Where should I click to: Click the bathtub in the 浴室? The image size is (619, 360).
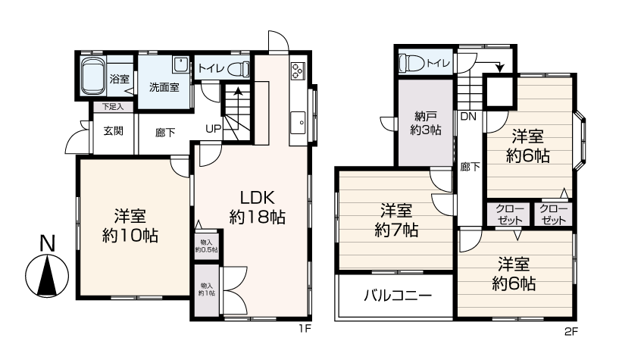coord(93,76)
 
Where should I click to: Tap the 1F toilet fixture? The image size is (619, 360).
coord(239,69)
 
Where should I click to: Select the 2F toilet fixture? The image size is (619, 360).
coord(411,63)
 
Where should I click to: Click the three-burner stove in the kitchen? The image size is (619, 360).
coord(298,71)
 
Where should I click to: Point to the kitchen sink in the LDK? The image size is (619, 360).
coord(298,123)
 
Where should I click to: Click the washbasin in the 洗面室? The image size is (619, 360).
coord(181,64)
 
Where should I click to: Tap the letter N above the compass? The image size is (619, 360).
coord(48,243)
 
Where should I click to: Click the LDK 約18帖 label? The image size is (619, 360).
coord(258,207)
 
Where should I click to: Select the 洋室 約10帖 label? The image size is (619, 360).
coord(130,226)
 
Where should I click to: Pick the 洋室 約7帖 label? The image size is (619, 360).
coord(396,221)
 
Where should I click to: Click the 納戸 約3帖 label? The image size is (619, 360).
coord(426,123)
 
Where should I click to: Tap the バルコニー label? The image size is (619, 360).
coord(398,296)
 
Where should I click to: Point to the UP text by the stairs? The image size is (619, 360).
coord(213,129)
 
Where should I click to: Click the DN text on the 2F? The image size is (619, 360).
coord(468,117)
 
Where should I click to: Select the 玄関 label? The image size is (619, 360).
coord(114,130)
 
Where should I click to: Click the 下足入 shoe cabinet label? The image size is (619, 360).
coord(113,107)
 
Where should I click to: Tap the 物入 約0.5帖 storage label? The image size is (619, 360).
coord(207,246)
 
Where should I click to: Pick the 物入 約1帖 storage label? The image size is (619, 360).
coord(207,290)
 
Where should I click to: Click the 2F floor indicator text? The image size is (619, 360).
coord(571,332)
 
